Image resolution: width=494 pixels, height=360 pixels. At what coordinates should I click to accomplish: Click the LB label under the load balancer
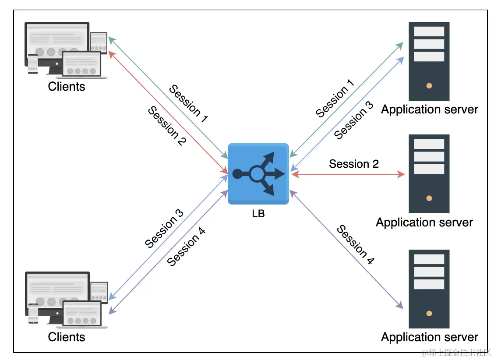pos(258,214)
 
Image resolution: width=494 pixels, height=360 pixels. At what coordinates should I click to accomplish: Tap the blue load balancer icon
pos(258,174)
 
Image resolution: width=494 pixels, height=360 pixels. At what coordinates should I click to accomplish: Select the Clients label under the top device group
pos(67,86)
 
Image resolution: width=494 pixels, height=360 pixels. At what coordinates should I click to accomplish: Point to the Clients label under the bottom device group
pos(67,337)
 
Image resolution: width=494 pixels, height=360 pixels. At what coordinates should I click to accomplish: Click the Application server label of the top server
pos(430,109)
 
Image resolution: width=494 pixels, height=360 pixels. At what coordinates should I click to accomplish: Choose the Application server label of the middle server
pos(424,222)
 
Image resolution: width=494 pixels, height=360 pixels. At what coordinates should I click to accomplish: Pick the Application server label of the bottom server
pos(430,337)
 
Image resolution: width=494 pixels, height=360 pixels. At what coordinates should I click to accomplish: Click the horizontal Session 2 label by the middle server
pos(354,164)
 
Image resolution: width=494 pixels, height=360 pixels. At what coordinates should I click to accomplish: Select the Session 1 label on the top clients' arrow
pos(188,103)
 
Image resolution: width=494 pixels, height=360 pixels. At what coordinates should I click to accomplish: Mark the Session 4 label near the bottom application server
pos(355,245)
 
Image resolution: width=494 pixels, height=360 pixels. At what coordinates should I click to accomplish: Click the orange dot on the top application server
pos(429,86)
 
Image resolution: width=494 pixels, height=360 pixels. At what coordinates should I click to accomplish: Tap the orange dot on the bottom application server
pos(429,314)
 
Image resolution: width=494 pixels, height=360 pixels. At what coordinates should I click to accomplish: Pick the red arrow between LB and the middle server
pos(348,174)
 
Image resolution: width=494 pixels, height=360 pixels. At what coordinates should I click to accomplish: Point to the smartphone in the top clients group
pos(33,64)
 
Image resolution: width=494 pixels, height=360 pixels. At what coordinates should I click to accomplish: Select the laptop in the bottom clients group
pos(85,315)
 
